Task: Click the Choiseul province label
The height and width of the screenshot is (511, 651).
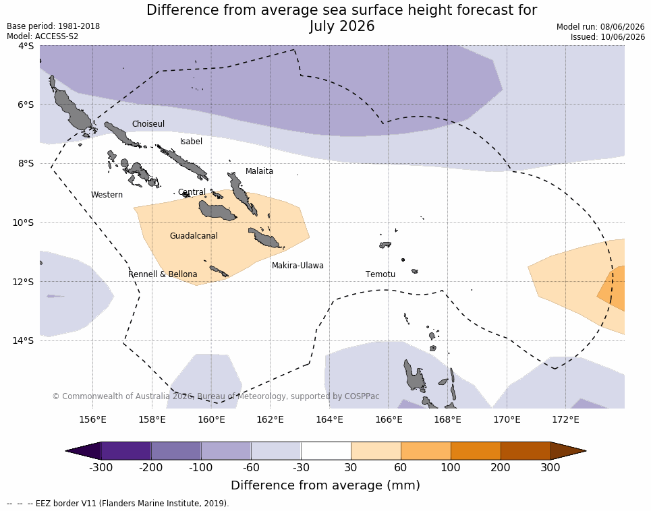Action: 148,123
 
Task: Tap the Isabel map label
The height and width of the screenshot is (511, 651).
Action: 191,142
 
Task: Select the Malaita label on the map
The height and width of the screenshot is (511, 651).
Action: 259,171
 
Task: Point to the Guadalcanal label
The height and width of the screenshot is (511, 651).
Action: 194,235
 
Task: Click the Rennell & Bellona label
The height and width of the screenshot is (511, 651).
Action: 163,274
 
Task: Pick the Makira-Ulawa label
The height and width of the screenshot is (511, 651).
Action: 298,266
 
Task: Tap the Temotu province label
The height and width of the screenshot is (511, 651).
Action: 380,274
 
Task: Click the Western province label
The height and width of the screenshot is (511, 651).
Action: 107,195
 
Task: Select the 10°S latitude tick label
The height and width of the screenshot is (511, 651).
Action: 23,222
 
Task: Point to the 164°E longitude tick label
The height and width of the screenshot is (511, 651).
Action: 330,419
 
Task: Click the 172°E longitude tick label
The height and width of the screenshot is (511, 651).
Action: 565,419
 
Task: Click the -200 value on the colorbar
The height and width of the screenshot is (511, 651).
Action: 150,467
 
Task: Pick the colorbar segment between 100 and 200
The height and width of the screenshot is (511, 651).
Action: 476,451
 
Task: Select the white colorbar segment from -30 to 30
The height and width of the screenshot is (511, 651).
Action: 326,451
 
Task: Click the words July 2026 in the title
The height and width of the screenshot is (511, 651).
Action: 342,26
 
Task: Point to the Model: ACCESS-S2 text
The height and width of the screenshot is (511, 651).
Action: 43,36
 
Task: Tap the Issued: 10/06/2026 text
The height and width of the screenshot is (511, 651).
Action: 607,36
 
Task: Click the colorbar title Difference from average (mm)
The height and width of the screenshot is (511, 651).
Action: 325,485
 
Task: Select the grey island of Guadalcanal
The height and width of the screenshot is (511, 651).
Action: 217,210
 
